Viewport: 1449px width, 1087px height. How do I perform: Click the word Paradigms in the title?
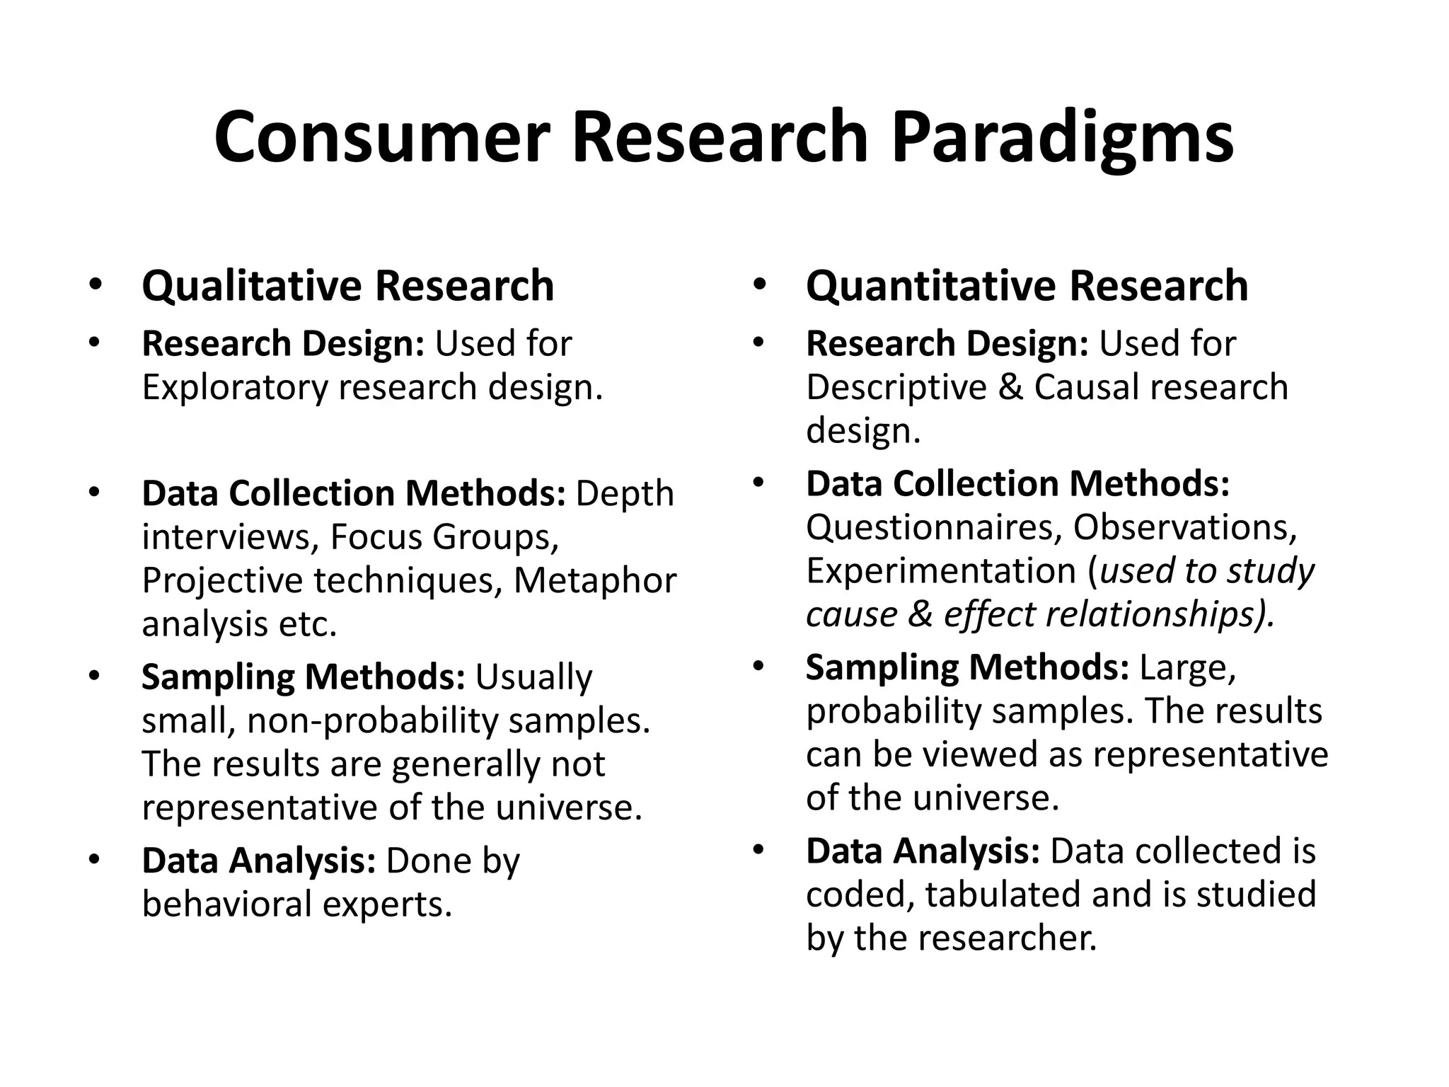coord(1062,138)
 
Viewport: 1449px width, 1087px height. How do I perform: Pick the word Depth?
coord(625,493)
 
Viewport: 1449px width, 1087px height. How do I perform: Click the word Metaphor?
coord(595,580)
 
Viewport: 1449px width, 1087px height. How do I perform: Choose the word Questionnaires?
coord(934,527)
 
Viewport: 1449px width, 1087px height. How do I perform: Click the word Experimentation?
coord(941,570)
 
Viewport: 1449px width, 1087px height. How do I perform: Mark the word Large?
coord(1187,667)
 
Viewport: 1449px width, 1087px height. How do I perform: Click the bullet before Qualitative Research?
coord(96,284)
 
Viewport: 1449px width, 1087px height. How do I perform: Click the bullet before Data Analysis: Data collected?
coord(759,849)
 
